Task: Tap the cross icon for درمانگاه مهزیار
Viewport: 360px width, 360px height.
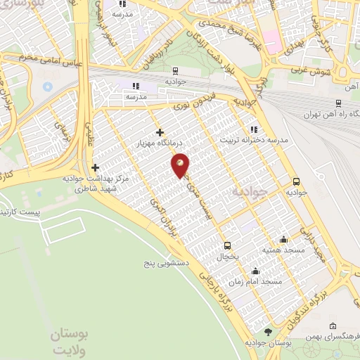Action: [160, 131]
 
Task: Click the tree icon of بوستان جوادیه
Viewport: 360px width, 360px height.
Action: [267, 332]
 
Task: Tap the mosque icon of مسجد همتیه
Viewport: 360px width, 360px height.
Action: [283, 239]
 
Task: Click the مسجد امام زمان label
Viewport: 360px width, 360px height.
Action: [261, 281]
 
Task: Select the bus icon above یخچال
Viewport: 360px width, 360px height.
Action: [227, 245]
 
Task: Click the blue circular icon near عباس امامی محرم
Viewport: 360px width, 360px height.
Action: [47, 86]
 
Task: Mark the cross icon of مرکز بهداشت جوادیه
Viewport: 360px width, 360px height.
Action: [95, 167]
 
